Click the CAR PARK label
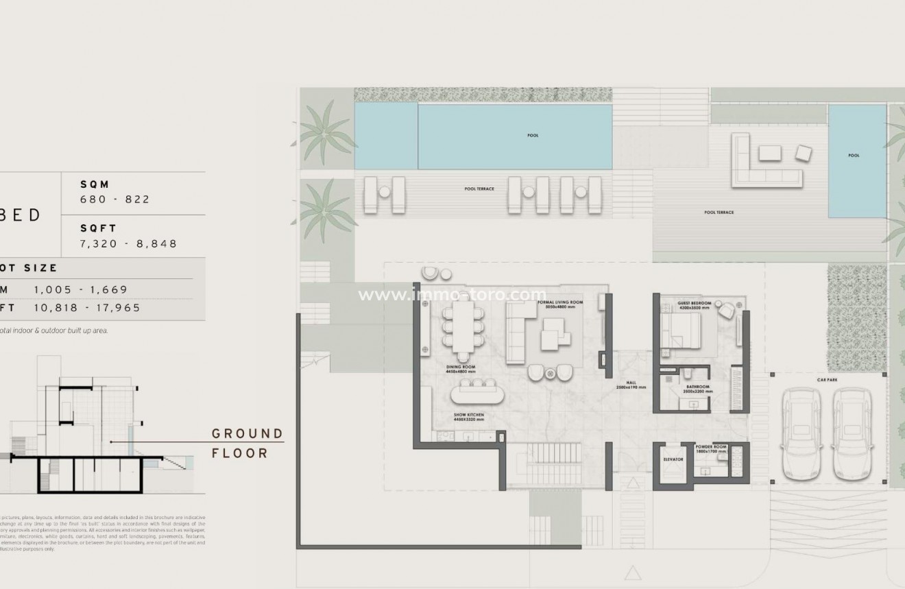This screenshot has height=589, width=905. click(827, 379)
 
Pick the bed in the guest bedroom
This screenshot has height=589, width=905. click(682, 332)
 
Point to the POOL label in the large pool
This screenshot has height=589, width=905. click(533, 135)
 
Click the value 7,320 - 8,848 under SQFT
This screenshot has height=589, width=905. click(129, 243)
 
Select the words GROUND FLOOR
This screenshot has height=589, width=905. click(247, 443)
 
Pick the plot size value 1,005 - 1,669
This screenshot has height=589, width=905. click(81, 289)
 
